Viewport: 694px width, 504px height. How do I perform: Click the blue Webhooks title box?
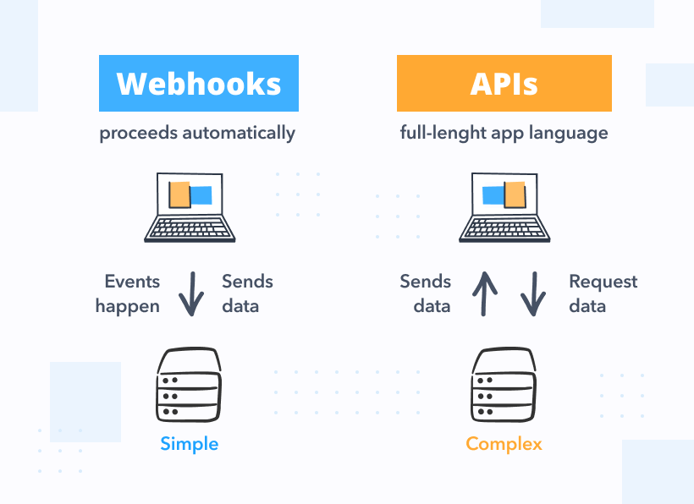pos(199,83)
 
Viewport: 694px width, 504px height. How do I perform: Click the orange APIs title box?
pos(504,83)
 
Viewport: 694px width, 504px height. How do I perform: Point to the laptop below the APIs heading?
pos(504,207)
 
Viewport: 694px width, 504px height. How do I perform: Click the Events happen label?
pos(129,293)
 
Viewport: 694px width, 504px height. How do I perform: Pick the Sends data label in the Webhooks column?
pos(246,293)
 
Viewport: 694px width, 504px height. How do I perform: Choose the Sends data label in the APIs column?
pos(426,293)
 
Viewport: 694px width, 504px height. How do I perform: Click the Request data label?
pos(602,293)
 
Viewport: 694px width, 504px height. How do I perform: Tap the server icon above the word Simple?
pos(189,386)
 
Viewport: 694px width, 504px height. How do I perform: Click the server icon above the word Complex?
pos(504,386)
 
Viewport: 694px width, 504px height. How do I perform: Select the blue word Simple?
pos(189,444)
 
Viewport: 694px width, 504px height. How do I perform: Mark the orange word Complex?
pos(504,444)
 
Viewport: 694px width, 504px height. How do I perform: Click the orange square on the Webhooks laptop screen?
pos(179,194)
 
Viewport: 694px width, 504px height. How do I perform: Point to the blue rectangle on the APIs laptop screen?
pos(493,195)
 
